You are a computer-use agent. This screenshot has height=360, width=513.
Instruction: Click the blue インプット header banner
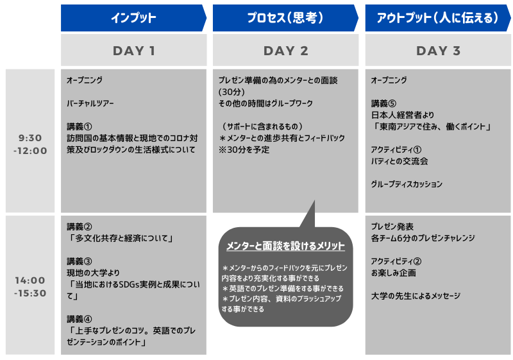point(133,18)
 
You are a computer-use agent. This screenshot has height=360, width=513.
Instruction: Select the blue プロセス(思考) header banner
point(285,18)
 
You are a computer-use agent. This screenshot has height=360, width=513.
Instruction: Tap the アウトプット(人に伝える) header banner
point(438,18)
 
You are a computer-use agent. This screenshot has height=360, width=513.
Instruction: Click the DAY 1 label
point(134,51)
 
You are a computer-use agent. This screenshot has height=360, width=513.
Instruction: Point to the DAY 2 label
point(286,51)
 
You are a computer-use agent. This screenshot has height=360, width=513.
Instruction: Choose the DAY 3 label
point(439,51)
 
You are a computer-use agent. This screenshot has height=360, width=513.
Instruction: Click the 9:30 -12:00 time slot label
point(30,144)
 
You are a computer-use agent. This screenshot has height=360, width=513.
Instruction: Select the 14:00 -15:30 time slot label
point(30,287)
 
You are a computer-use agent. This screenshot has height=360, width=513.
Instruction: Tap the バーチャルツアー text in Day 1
point(90,103)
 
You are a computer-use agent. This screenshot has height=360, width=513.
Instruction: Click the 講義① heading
point(80,126)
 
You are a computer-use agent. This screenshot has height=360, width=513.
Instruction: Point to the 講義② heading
point(80,227)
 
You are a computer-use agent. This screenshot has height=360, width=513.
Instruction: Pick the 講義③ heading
point(80,261)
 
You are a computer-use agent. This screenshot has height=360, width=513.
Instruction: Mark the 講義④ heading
point(80,319)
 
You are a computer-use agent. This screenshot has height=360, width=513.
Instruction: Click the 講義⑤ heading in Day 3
point(383,103)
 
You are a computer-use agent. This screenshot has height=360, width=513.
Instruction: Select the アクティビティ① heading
point(396,150)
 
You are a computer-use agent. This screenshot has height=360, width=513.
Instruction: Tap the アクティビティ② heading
point(396,261)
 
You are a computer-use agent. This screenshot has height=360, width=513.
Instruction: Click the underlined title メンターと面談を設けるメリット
point(285,246)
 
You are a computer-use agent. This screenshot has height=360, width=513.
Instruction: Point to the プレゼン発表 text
point(392,227)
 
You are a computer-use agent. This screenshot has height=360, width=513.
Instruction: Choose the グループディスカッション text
point(407,184)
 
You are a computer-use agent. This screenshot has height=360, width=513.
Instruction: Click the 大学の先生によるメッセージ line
point(416,296)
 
